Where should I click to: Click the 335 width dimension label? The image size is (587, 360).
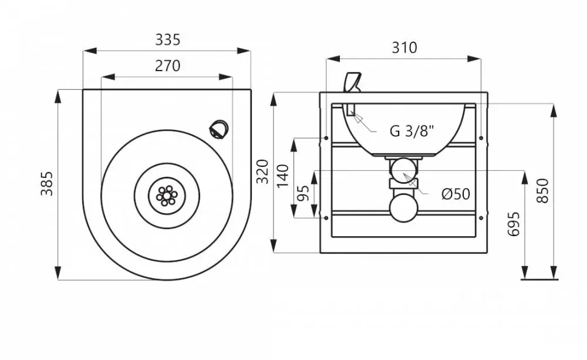(x=168, y=39)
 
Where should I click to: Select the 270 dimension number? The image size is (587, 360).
(x=168, y=66)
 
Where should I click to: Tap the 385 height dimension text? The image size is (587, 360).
(x=47, y=184)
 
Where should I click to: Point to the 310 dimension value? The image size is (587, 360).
(x=404, y=48)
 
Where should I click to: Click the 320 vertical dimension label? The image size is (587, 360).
(x=264, y=171)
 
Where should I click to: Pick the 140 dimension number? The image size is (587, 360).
(x=284, y=176)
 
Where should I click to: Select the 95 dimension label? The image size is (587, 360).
(x=304, y=193)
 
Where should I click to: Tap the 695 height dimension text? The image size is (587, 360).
(x=514, y=224)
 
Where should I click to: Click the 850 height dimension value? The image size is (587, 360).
(x=542, y=191)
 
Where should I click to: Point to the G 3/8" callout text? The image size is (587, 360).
(x=412, y=131)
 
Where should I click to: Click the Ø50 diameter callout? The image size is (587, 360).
(x=456, y=194)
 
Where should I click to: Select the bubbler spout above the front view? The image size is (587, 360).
(x=352, y=82)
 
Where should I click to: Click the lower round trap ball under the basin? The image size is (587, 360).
(x=403, y=208)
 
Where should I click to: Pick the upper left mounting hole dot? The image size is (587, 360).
(x=326, y=138)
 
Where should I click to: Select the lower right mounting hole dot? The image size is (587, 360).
(x=481, y=218)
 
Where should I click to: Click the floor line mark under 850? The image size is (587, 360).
(x=539, y=280)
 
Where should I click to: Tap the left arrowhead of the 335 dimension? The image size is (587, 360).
(x=90, y=51)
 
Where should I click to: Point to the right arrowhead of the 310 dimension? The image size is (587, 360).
(x=474, y=59)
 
